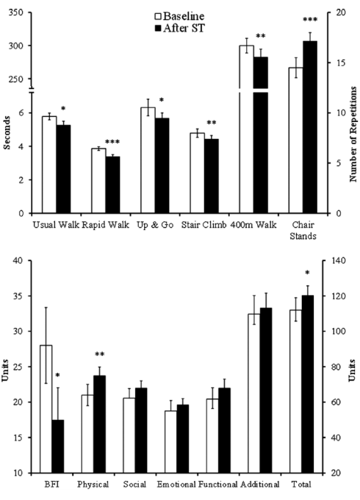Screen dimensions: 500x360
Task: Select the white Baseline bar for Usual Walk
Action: tap(50, 165)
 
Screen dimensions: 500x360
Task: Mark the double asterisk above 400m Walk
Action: tap(260, 36)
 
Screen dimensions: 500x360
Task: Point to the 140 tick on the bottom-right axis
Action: tap(339, 260)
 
